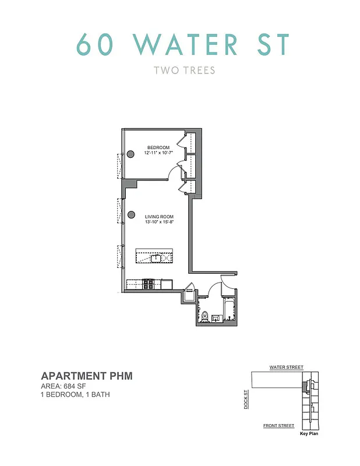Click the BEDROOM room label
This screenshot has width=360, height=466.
158,147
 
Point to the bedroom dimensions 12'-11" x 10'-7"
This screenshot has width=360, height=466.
158,153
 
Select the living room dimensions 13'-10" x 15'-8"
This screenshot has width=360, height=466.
157,223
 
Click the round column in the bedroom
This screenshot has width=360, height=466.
131,153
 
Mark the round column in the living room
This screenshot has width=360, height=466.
131,215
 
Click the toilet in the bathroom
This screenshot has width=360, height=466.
204,316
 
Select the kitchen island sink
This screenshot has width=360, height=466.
156,257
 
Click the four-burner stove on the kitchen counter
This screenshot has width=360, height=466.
149,284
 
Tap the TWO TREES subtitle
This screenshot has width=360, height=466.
184,71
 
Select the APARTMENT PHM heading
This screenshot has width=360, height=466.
86,376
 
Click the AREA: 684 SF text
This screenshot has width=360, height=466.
66,386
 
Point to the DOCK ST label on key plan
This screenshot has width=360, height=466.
246,399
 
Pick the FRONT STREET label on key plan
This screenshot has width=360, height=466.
278,426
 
